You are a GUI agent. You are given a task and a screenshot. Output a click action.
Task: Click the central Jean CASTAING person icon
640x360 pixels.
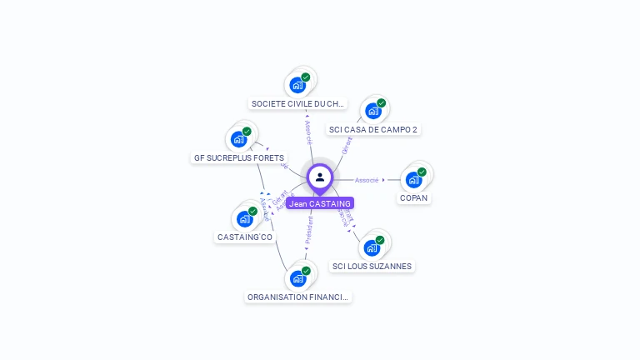coord(320,177)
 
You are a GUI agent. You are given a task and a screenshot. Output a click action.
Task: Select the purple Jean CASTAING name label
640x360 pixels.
coord(320,203)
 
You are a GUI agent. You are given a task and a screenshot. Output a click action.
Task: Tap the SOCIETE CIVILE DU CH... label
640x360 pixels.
coord(298,104)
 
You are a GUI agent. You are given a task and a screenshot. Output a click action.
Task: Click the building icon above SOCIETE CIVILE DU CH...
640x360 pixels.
coord(297,84)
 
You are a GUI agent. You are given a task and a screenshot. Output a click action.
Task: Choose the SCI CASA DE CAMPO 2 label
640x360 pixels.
coord(373,130)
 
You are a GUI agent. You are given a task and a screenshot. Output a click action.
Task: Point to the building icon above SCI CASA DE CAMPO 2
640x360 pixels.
coord(372,110)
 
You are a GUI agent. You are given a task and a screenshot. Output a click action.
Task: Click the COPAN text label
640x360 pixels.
coord(414,198)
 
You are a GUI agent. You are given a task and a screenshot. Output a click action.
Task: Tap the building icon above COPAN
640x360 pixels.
coord(413,178)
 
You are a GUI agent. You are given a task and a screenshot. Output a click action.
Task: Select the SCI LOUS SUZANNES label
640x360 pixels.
coord(372,267)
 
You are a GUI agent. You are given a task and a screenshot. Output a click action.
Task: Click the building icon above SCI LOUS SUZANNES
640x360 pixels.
coord(372,247)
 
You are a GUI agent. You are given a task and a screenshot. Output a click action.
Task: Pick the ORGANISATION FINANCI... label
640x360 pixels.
coord(299,297)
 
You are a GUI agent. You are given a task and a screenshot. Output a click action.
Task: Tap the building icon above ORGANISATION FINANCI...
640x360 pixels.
coord(297,277)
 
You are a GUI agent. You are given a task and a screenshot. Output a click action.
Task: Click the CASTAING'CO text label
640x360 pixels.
coord(245,237)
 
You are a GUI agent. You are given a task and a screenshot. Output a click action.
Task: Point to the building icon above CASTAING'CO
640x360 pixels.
coord(244,218)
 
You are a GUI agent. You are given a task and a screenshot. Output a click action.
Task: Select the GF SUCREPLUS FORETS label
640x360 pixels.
coord(239,157)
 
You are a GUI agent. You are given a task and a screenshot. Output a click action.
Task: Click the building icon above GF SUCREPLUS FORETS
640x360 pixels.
coord(239,138)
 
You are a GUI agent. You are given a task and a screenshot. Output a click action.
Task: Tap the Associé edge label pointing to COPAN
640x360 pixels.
coord(367,180)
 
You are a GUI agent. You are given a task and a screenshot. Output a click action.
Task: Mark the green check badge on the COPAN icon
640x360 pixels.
coord(422,172)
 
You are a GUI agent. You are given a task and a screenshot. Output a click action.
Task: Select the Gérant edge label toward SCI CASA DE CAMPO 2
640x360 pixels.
coord(347,146)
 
